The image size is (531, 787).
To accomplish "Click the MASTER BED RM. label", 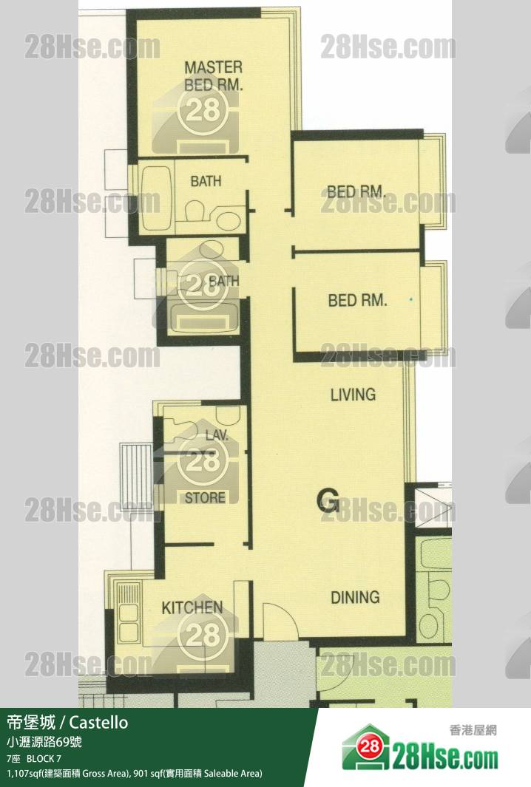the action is tap(214, 76).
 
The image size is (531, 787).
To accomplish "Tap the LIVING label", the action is tap(354, 395).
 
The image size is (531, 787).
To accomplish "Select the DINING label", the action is tap(355, 597).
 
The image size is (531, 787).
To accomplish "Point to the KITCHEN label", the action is tap(192, 608).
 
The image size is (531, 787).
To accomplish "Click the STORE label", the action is tap(205, 498).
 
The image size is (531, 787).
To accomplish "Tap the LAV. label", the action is tap(217, 435).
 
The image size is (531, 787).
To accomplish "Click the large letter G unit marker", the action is tap(328, 500).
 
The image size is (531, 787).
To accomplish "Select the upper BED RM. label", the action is tap(356, 191).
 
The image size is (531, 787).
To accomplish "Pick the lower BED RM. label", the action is tap(358, 301).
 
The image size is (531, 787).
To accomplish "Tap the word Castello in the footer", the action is tap(98, 722).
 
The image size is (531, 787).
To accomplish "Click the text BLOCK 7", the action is tap(44, 758).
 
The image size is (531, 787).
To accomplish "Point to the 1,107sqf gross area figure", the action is tap(24, 774).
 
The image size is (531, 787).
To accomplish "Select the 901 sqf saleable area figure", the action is tap(146, 774).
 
